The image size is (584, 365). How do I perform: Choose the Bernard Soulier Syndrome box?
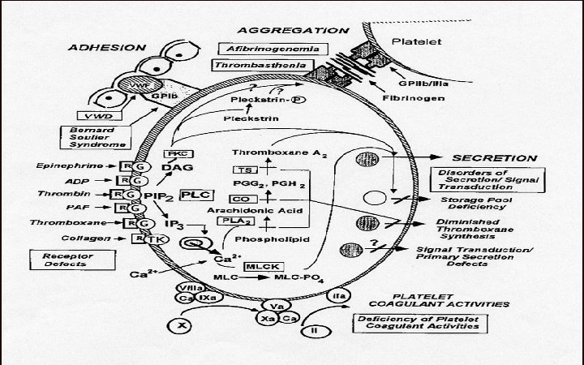click(99, 136)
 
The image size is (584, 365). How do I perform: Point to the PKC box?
click(175, 153)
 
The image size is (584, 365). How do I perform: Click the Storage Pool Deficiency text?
click(473, 203)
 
